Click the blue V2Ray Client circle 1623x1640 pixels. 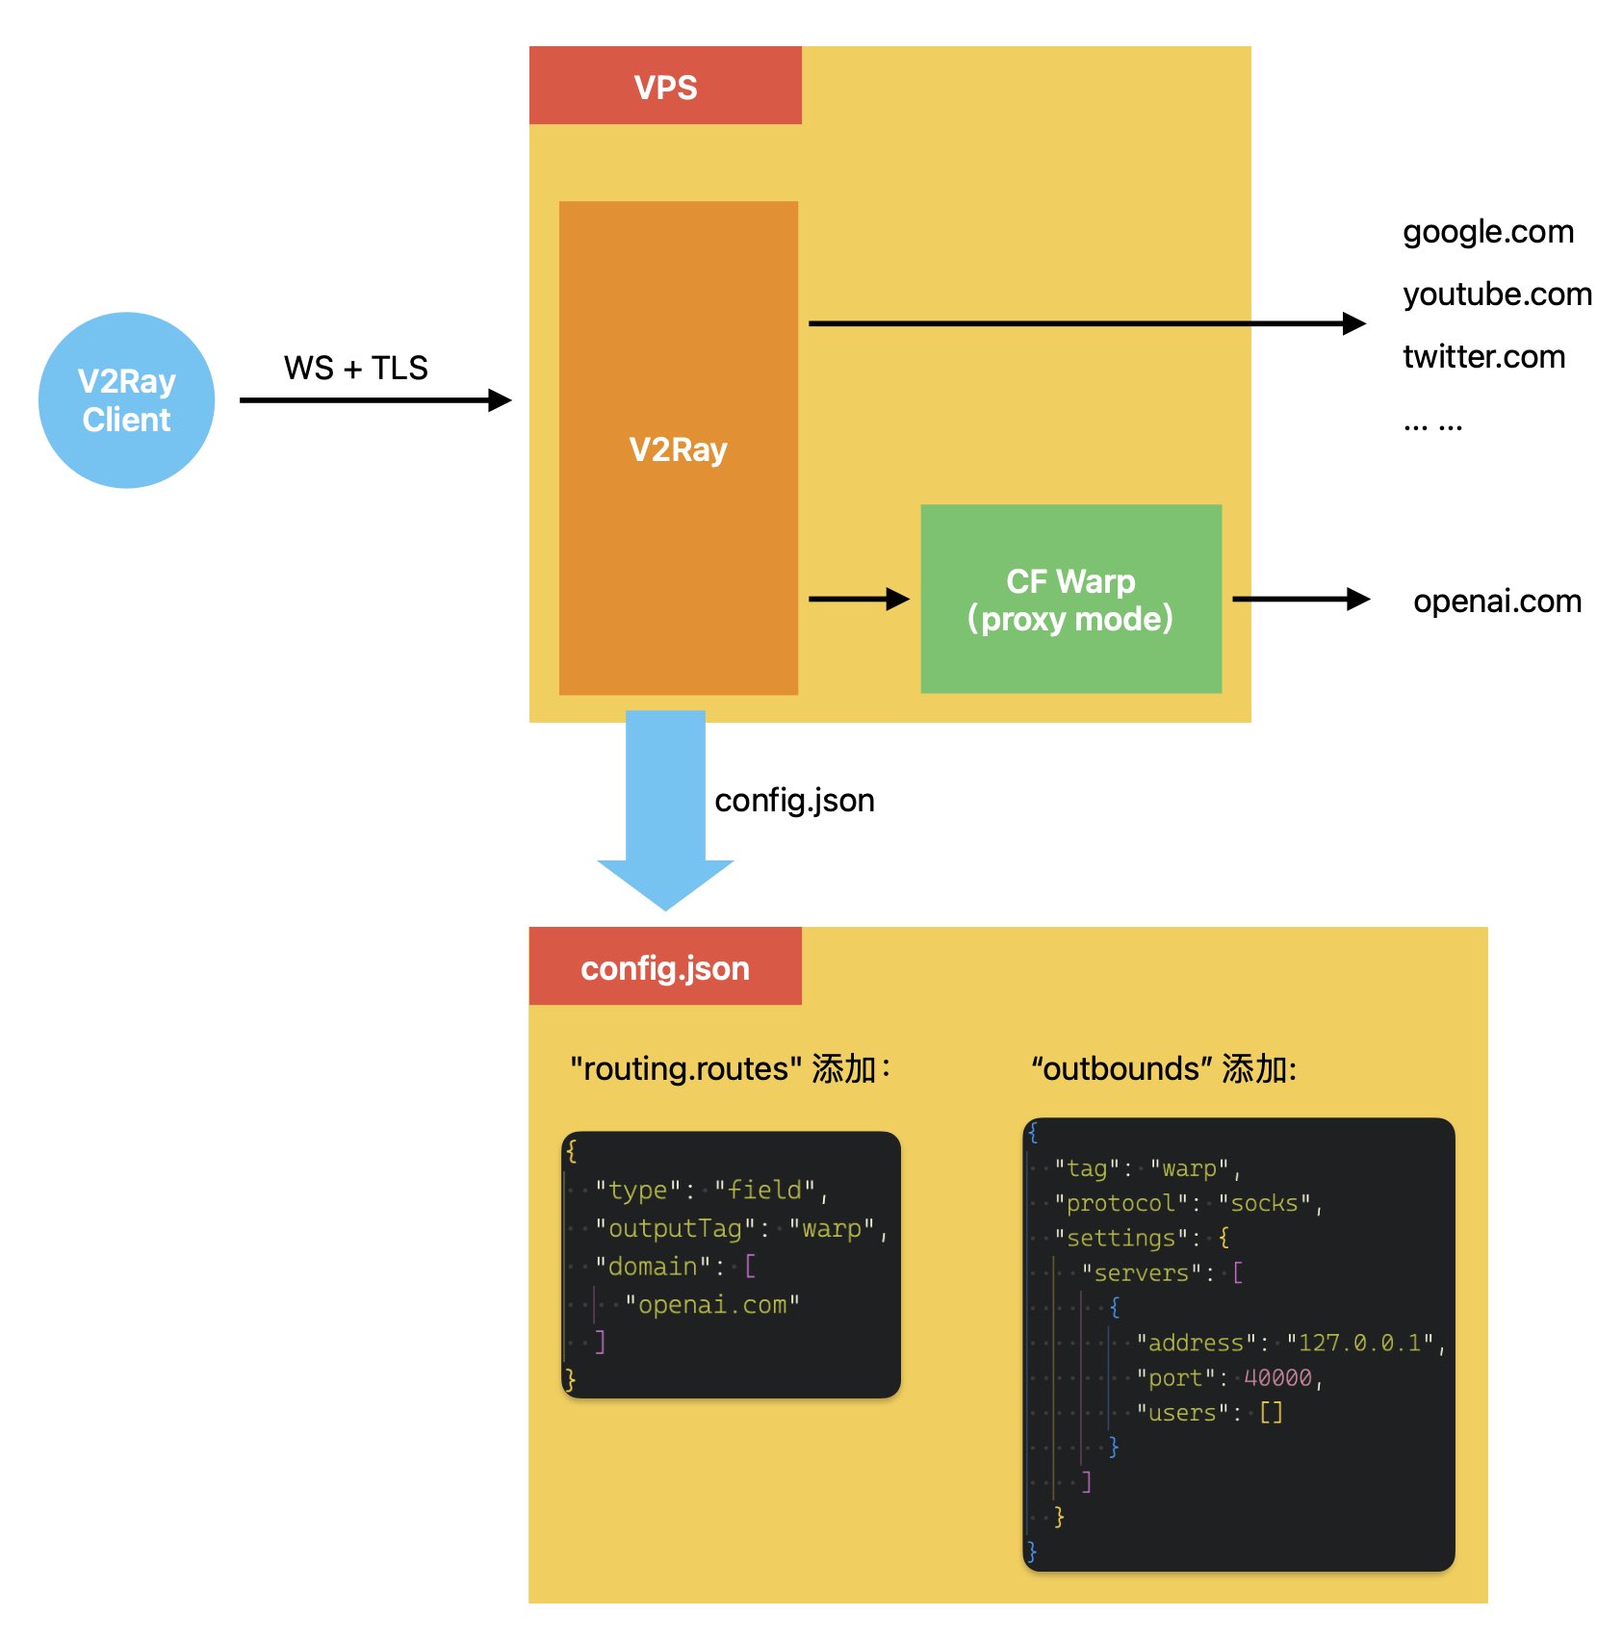(x=126, y=400)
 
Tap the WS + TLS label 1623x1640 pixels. (x=355, y=368)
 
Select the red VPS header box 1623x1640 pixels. (x=665, y=86)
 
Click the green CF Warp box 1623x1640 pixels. (x=1070, y=599)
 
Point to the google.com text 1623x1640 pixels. (x=1488, y=232)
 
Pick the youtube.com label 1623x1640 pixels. (x=1497, y=294)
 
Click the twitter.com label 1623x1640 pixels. (x=1483, y=356)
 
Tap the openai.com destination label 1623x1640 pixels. (x=1497, y=601)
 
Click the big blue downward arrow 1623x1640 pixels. (x=665, y=810)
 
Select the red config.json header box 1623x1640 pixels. (x=665, y=966)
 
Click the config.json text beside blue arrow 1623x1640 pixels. (x=794, y=801)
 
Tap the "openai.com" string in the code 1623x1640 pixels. (x=712, y=1305)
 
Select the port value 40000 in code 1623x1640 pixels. (x=1277, y=1378)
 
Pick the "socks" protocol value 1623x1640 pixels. (x=1264, y=1203)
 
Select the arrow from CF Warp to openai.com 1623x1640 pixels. (x=1301, y=600)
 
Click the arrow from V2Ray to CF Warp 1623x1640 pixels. (x=860, y=600)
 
